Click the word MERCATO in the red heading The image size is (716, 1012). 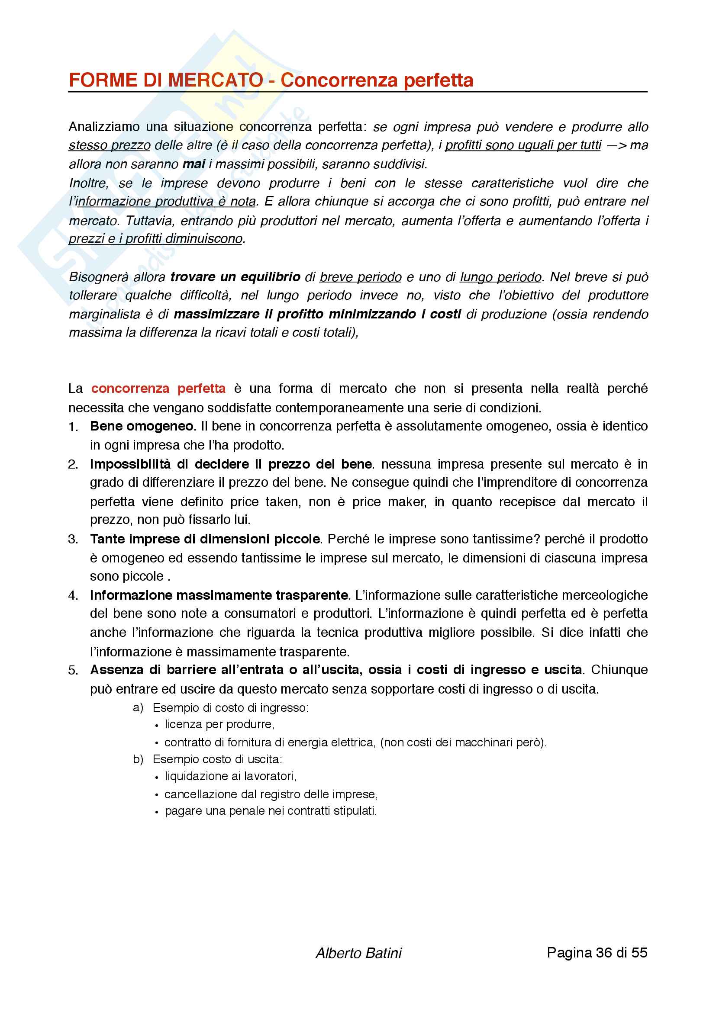pyautogui.click(x=216, y=80)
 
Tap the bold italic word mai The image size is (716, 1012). pyautogui.click(x=194, y=164)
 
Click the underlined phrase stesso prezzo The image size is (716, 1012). pyautogui.click(x=110, y=145)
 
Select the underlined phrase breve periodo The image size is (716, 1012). pyautogui.click(x=360, y=277)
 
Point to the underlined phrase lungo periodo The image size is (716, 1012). pyautogui.click(x=500, y=277)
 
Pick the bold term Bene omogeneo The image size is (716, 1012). pyautogui.click(x=142, y=426)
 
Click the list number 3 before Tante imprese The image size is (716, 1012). pyautogui.click(x=73, y=540)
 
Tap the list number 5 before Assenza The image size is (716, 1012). pyautogui.click(x=73, y=670)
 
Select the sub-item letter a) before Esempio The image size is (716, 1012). pyautogui.click(x=138, y=708)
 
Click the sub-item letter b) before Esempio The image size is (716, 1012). pyautogui.click(x=138, y=759)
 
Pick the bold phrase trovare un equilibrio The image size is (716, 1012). pyautogui.click(x=235, y=277)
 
